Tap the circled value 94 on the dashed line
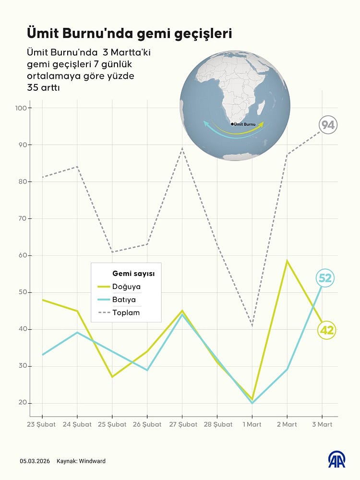pos(328,125)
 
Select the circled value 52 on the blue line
pos(325,278)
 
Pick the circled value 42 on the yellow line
pos(326,330)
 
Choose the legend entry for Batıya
pos(124,300)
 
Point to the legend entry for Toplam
pos(126,312)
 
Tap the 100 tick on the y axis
pos(22,108)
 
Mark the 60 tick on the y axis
pos(23,255)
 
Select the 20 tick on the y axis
pos(23,403)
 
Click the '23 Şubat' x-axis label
pos(42,424)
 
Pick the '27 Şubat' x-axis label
pos(182,424)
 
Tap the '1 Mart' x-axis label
pos(252,424)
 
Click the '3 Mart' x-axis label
pos(322,424)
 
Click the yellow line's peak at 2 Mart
pos(287,261)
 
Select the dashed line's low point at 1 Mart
pos(252,326)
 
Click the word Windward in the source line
pos(93,461)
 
